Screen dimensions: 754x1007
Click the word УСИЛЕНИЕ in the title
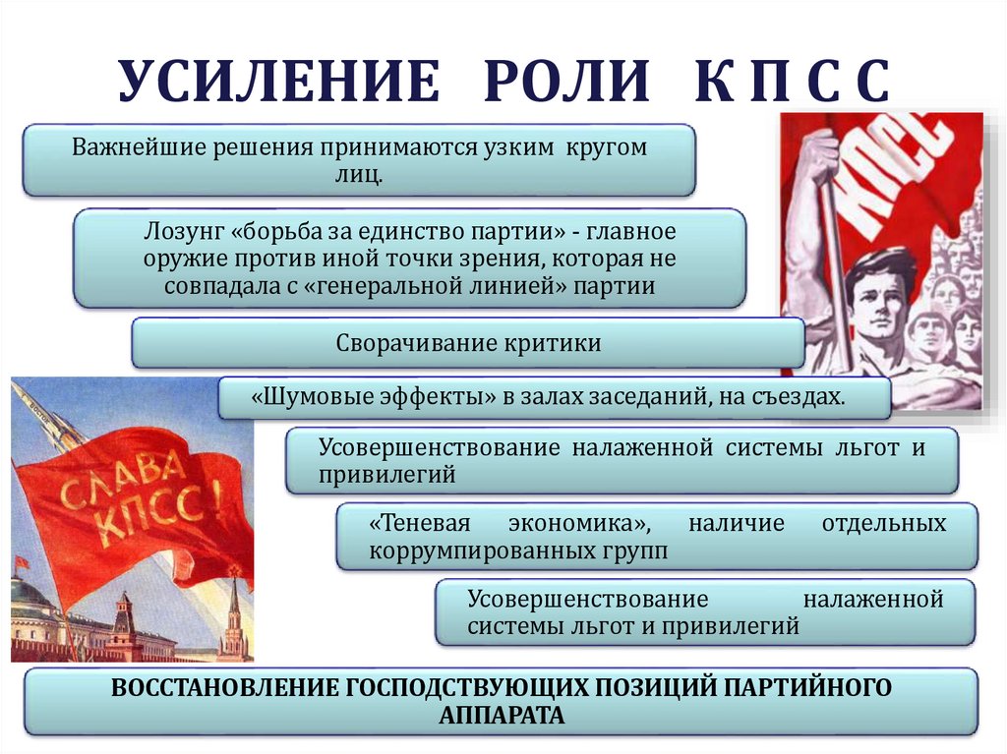278,82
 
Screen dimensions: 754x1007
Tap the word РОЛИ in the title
565,82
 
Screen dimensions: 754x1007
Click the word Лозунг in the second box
184,233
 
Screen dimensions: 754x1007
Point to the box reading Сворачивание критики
468,344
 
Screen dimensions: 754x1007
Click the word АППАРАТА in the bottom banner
502,715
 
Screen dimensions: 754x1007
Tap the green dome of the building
30,595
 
